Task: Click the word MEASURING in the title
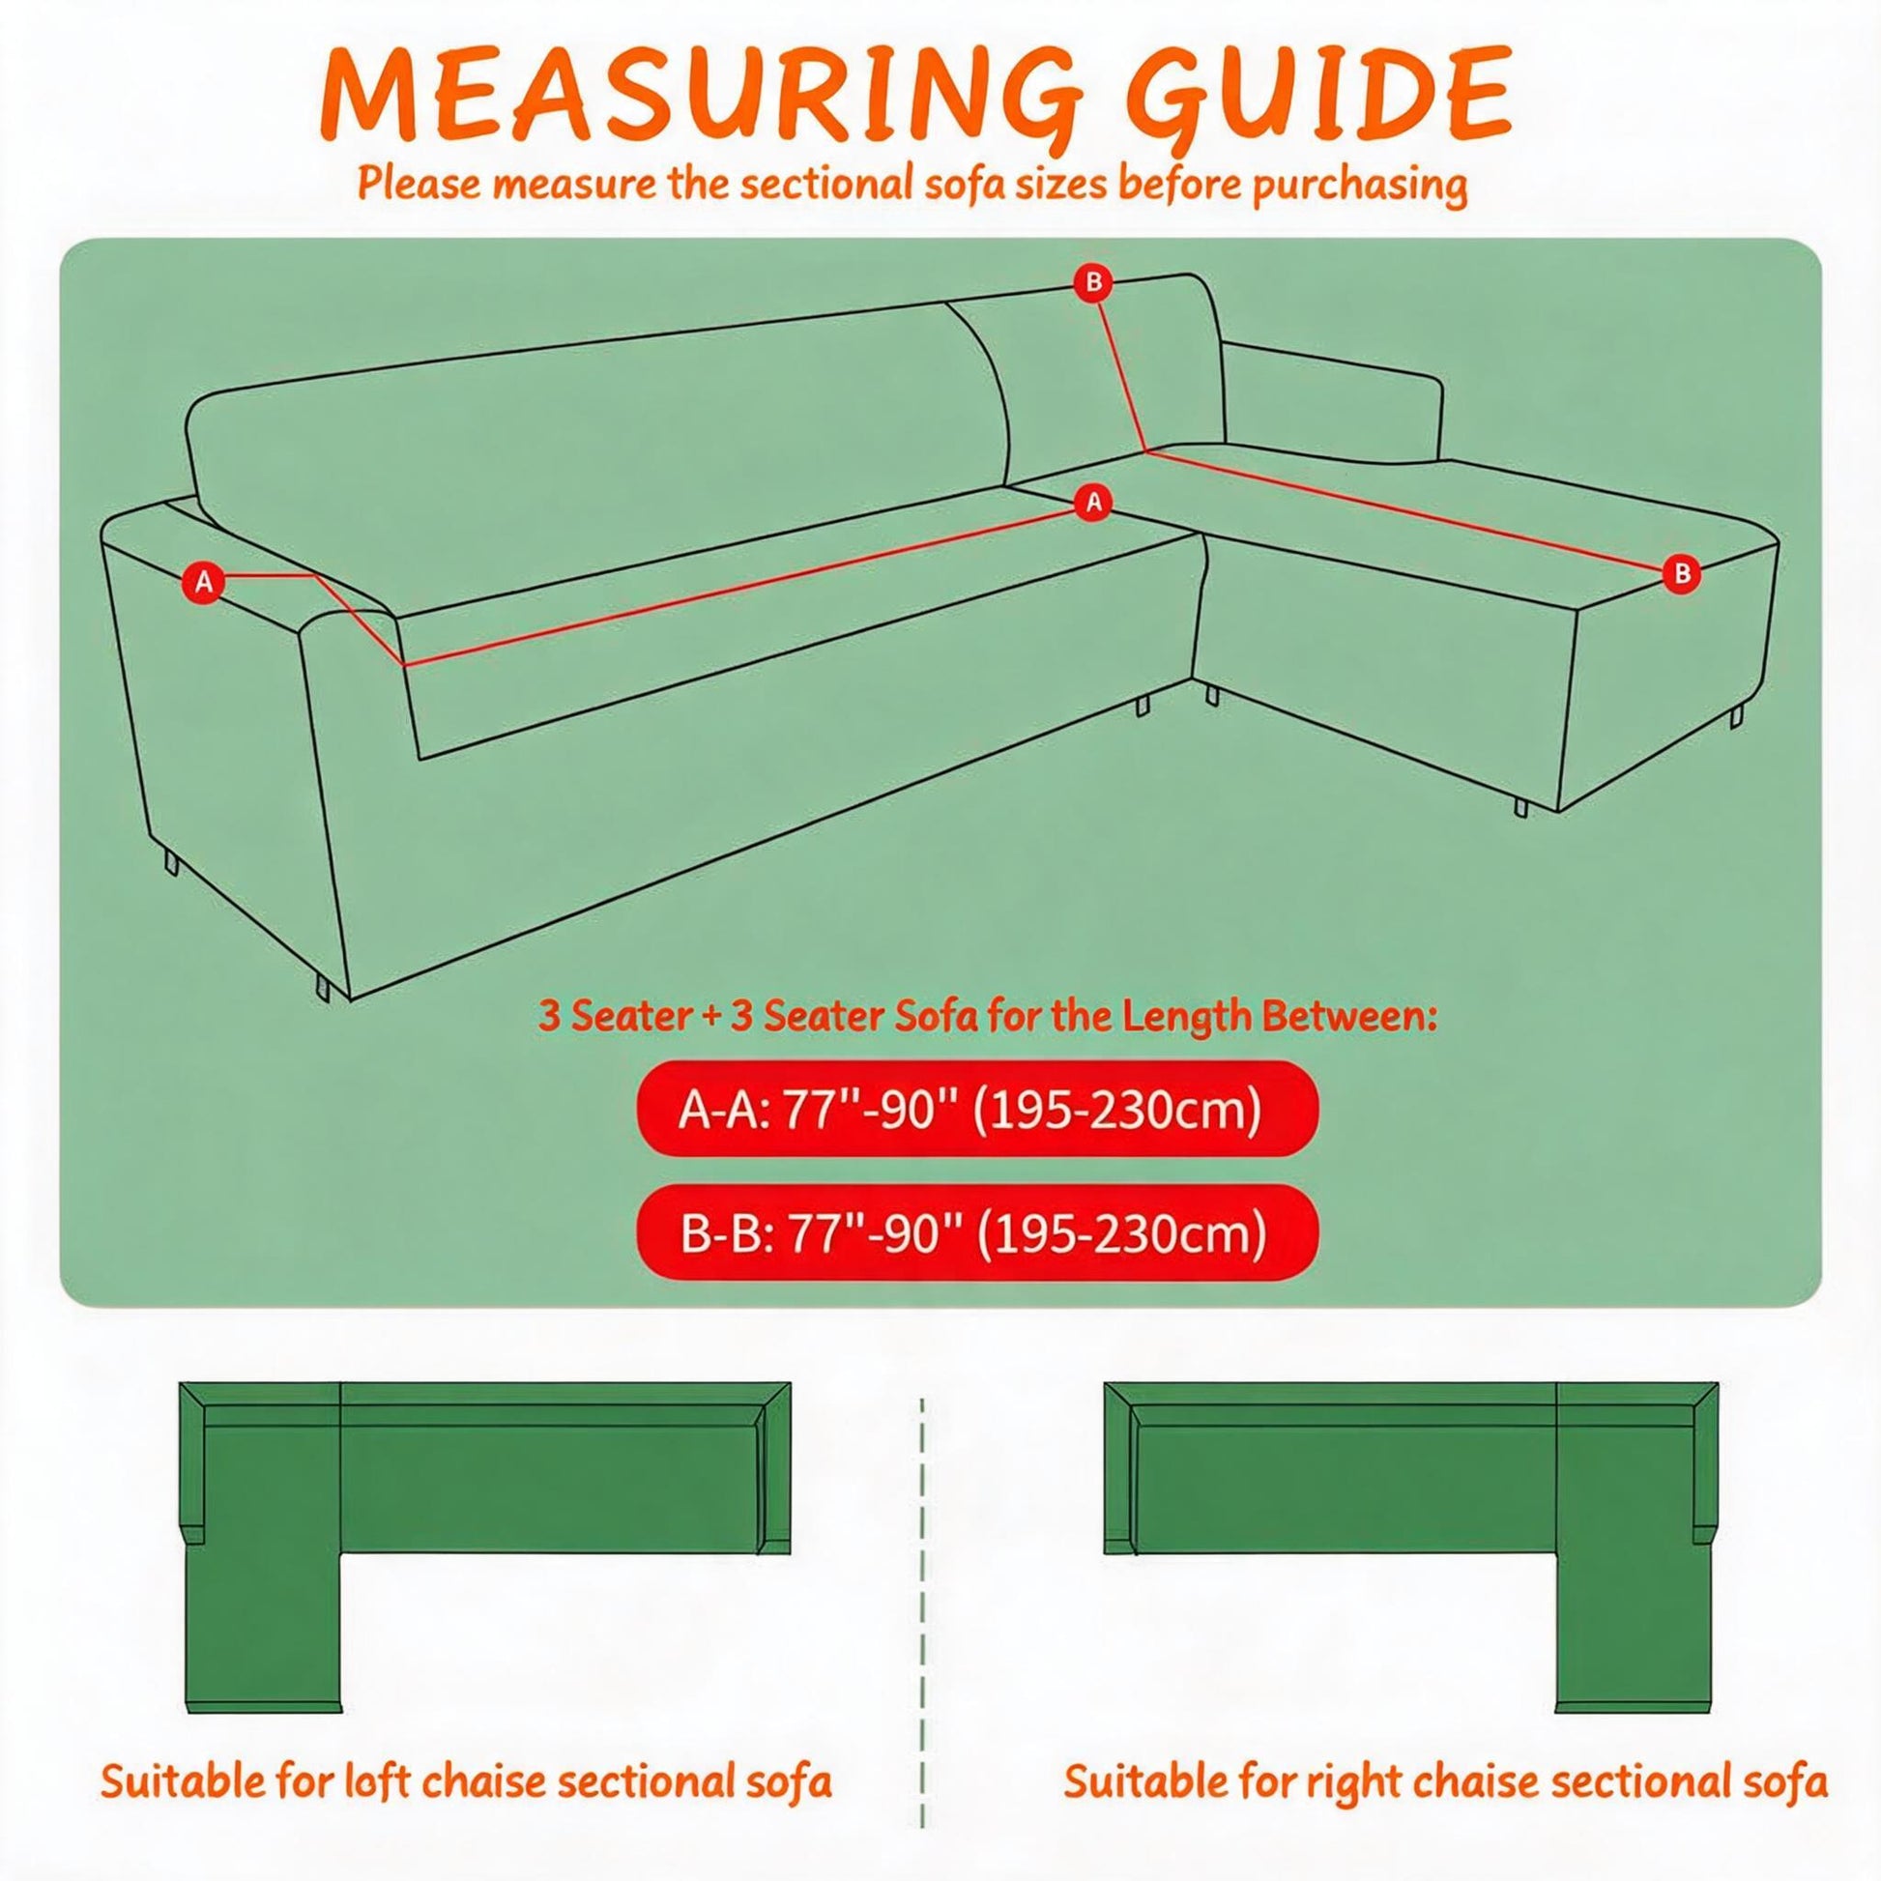click(x=701, y=103)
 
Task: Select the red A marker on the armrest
click(x=204, y=582)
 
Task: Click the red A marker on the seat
click(x=1094, y=503)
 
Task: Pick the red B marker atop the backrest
click(x=1094, y=283)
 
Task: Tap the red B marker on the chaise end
click(x=1682, y=574)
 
